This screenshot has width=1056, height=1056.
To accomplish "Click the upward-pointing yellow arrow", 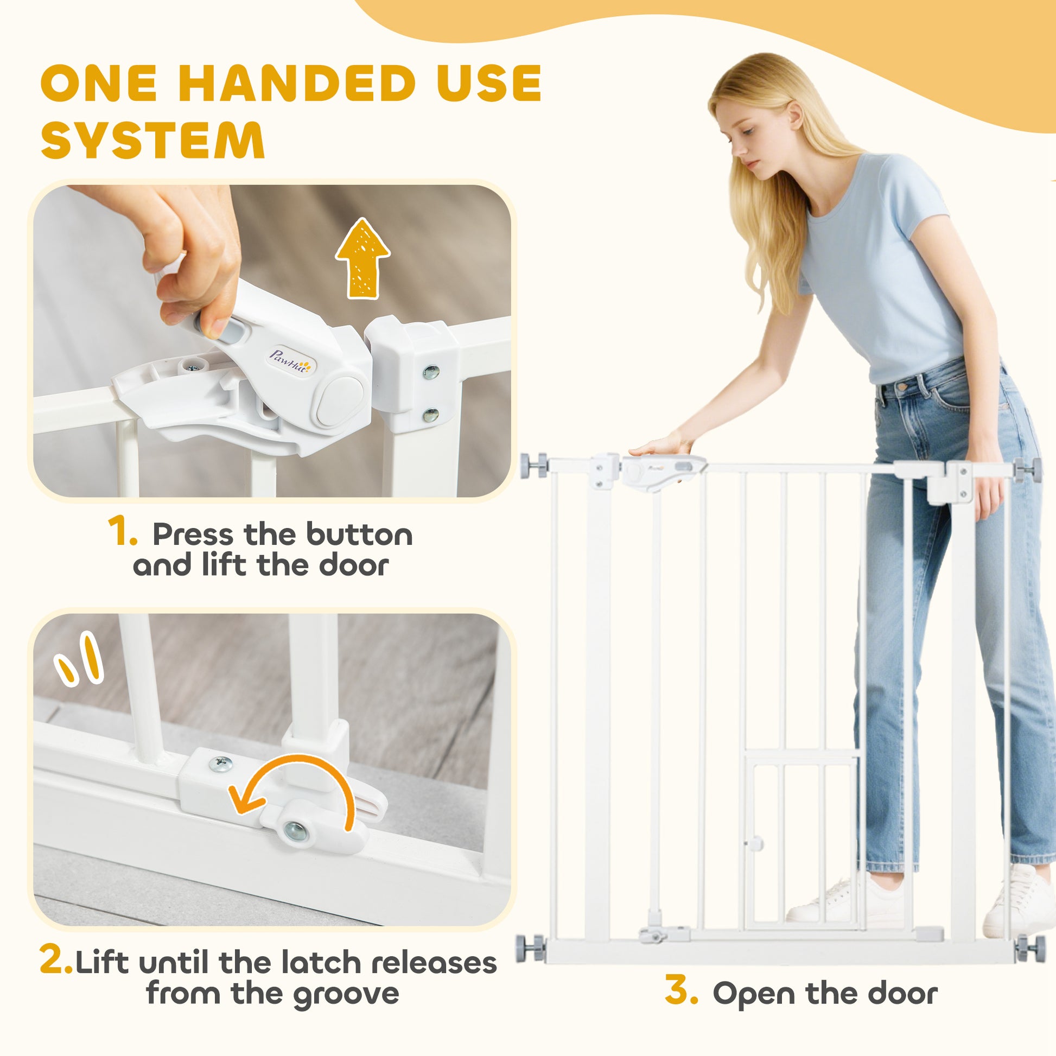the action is point(362,258).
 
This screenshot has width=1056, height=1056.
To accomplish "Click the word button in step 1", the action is point(359,535).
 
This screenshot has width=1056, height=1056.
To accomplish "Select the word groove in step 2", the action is point(346,996).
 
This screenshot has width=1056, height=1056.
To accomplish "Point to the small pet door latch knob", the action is point(754,844).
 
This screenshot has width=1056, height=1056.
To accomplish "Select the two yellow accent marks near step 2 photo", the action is point(80,659).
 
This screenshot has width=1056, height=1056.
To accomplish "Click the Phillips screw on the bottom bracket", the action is point(221,762).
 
